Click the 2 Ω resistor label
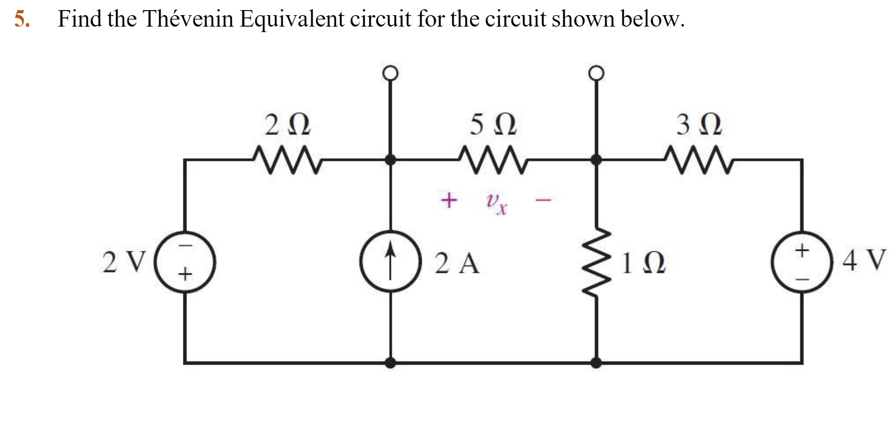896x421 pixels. (288, 125)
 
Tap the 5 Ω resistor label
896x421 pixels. (494, 125)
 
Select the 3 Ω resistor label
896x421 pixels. (699, 125)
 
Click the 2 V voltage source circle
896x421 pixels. (185, 263)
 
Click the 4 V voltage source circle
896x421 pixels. (802, 263)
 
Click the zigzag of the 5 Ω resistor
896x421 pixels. (494, 160)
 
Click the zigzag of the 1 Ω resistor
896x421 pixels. (596, 262)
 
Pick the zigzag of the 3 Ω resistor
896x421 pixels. (699, 160)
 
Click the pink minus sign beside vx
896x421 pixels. (544, 200)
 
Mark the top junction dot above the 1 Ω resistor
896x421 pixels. (596, 160)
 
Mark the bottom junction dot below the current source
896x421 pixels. (390, 363)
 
